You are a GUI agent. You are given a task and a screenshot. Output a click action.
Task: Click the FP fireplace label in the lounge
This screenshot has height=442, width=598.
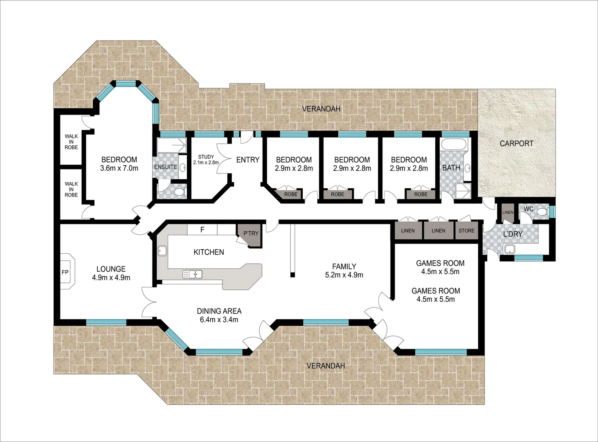pyautogui.click(x=65, y=273)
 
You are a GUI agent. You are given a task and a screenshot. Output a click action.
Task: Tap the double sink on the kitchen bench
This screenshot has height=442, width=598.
pyautogui.click(x=192, y=274)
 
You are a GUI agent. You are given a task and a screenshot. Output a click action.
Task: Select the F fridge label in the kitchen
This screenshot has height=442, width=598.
pyautogui.click(x=202, y=230)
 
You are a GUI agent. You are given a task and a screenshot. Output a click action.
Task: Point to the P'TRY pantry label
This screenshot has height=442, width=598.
pyautogui.click(x=251, y=233)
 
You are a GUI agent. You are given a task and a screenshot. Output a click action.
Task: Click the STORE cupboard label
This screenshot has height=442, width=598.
pyautogui.click(x=466, y=231)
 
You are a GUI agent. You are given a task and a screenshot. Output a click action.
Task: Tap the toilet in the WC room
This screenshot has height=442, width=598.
pyautogui.click(x=542, y=212)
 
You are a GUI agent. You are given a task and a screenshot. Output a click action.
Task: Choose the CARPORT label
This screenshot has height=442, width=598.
pyautogui.click(x=516, y=144)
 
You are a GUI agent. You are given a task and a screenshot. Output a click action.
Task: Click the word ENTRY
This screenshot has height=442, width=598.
pyautogui.click(x=248, y=160)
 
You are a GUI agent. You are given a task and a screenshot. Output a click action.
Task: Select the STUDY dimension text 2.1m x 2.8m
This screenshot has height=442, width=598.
pyautogui.click(x=206, y=162)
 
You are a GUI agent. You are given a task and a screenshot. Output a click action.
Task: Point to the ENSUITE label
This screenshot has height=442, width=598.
pyautogui.click(x=165, y=167)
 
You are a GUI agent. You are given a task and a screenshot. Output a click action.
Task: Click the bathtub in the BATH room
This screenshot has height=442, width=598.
pyautogui.click(x=453, y=144)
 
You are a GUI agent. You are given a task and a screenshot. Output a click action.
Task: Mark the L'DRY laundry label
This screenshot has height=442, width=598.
pyautogui.click(x=513, y=234)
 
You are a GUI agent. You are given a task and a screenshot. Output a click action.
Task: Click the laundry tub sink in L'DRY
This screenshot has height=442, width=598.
pyautogui.click(x=510, y=248)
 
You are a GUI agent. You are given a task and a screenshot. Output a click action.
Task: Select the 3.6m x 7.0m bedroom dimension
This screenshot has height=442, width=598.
pyautogui.click(x=119, y=168)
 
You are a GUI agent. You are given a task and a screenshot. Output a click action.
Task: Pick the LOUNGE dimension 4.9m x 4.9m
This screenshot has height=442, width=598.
pyautogui.click(x=111, y=277)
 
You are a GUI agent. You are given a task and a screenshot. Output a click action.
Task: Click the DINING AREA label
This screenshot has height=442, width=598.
pyautogui.click(x=219, y=311)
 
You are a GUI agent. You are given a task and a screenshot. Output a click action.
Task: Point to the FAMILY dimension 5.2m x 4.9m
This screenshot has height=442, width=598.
pyautogui.click(x=344, y=275)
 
